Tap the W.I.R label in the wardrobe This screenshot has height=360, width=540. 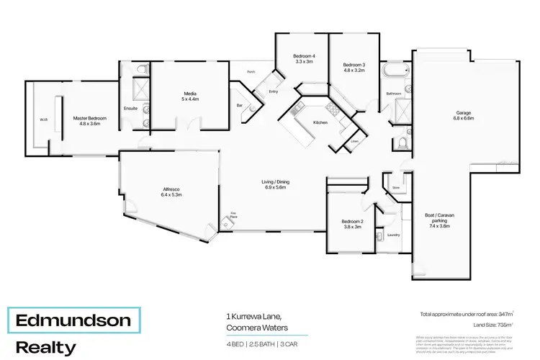pyautogui.click(x=43, y=120)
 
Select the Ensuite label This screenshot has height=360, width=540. pyautogui.click(x=130, y=108)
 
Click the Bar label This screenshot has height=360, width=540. pyautogui.click(x=240, y=105)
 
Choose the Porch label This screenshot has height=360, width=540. pyautogui.click(x=251, y=72)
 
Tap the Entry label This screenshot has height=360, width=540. pyautogui.click(x=274, y=91)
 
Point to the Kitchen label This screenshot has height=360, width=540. pyautogui.click(x=320, y=123)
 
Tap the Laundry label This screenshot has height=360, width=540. pyautogui.click(x=393, y=235)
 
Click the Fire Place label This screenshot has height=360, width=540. pyautogui.click(x=234, y=214)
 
